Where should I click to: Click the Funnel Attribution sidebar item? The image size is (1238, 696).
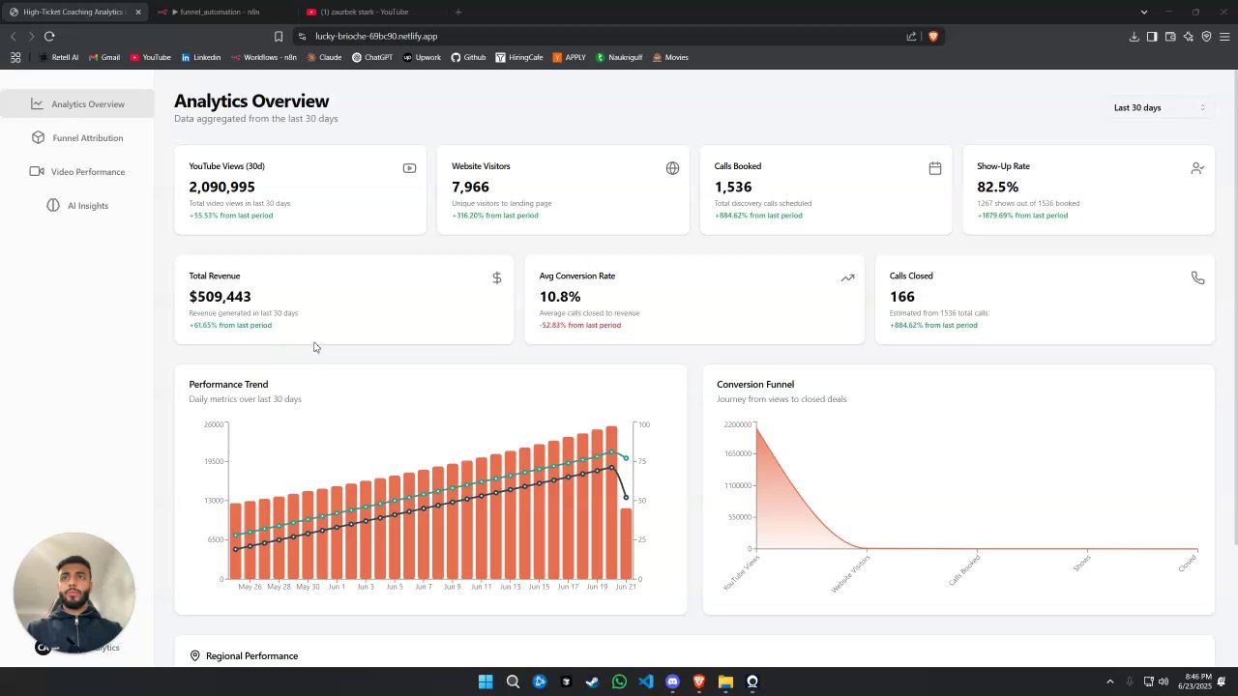pyautogui.click(x=87, y=138)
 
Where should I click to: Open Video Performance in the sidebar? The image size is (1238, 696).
pyautogui.click(x=87, y=172)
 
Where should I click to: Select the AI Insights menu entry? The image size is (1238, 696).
pyautogui.click(x=87, y=206)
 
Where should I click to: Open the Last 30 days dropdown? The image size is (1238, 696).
pyautogui.click(x=1159, y=107)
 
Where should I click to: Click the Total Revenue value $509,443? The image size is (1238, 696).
pyautogui.click(x=220, y=297)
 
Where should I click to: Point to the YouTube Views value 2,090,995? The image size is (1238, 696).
pyautogui.click(x=221, y=187)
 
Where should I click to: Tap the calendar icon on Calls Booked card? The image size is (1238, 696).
pyautogui.click(x=934, y=168)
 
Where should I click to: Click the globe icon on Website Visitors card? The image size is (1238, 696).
pyautogui.click(x=672, y=168)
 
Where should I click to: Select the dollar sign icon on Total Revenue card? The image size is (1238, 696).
pyautogui.click(x=496, y=278)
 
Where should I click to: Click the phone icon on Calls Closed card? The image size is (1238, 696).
pyautogui.click(x=1197, y=278)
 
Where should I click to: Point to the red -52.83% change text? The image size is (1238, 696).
pyautogui.click(x=579, y=325)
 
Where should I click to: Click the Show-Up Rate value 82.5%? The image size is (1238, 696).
pyautogui.click(x=997, y=187)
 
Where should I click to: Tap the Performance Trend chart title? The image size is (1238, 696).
pyautogui.click(x=228, y=384)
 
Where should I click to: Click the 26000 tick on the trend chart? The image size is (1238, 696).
pyautogui.click(x=213, y=424)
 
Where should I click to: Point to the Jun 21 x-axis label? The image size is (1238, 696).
pyautogui.click(x=626, y=587)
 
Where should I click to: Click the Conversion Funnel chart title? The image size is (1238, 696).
pyautogui.click(x=754, y=384)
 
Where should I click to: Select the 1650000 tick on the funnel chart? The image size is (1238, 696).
pyautogui.click(x=737, y=453)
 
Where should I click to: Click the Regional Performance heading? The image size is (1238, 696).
pyautogui.click(x=251, y=656)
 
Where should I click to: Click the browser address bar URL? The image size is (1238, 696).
pyautogui.click(x=376, y=37)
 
